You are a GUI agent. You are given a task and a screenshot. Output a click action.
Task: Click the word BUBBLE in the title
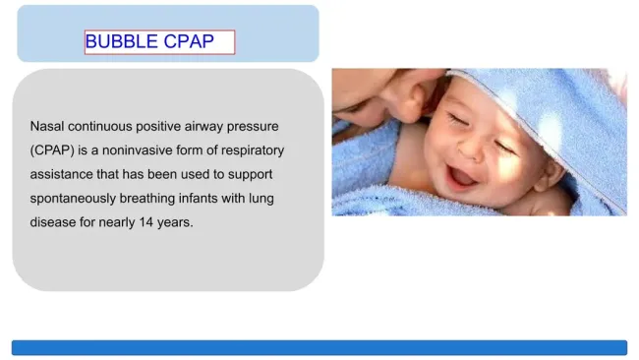(115, 42)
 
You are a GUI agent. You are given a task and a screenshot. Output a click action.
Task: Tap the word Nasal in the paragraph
(47, 127)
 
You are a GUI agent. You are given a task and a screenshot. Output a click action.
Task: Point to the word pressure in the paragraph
(254, 127)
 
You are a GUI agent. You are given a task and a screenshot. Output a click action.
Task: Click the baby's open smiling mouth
(461, 175)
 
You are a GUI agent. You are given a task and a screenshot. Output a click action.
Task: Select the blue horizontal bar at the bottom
(319, 347)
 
